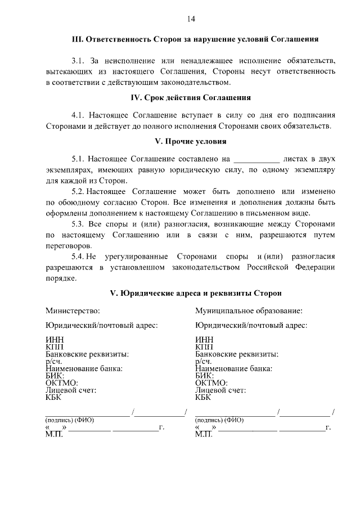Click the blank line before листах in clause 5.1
point(256,159)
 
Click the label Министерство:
point(73,310)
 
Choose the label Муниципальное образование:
point(249,310)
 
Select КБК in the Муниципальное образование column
point(203,397)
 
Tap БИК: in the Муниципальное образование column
point(205,376)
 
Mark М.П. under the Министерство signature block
point(55,435)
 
